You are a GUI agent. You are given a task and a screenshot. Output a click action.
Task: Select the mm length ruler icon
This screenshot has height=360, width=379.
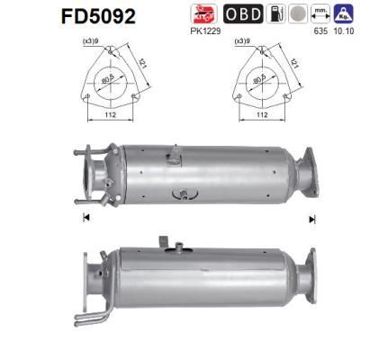(x=318, y=13)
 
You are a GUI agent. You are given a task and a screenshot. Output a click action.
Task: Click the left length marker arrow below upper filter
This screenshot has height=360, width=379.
(x=86, y=219)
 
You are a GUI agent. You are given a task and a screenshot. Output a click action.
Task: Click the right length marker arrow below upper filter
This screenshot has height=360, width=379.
(x=311, y=219)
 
